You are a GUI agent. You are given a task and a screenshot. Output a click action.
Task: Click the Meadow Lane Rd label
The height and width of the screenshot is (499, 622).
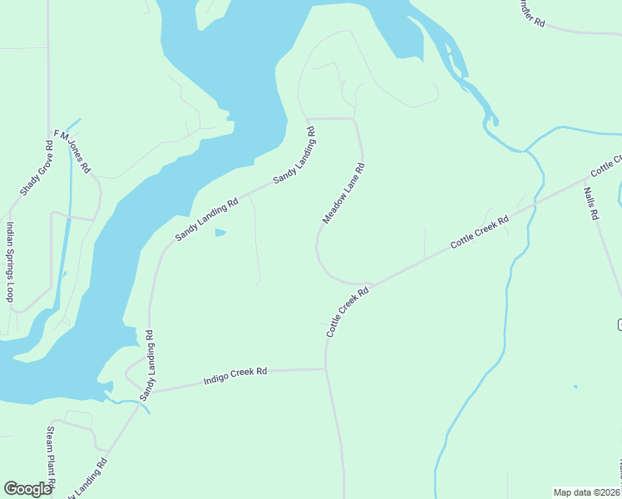[343, 193]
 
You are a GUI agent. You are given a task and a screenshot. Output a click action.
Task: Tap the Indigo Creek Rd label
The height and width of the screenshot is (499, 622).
[236, 377]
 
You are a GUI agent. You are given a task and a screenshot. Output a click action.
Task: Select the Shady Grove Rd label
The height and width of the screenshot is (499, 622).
[37, 167]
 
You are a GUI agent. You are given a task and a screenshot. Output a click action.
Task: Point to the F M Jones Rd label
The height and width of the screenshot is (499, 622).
[72, 151]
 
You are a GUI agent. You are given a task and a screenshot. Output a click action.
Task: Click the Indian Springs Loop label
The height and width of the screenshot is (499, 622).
[10, 262]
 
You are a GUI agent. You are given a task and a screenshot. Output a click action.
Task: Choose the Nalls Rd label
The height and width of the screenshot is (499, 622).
[591, 203]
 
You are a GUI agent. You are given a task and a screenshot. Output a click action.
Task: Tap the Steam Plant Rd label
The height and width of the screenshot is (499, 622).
[51, 457]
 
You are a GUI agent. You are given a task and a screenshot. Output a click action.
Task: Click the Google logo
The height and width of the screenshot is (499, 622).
[28, 489]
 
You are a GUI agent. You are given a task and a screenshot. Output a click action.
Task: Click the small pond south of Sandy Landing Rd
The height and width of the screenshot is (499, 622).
[220, 233]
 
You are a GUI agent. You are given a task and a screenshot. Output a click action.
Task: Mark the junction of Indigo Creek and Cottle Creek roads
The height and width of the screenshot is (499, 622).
[325, 368]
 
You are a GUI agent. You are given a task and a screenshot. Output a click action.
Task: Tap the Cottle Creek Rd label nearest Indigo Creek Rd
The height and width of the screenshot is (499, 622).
[347, 313]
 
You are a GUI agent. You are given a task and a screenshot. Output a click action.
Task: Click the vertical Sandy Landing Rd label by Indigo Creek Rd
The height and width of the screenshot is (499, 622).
[149, 365]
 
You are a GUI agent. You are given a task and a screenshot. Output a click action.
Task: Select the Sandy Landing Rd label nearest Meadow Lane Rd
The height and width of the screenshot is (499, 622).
[294, 156]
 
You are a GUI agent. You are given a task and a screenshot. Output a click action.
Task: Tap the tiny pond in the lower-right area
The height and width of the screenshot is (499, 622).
[575, 386]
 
